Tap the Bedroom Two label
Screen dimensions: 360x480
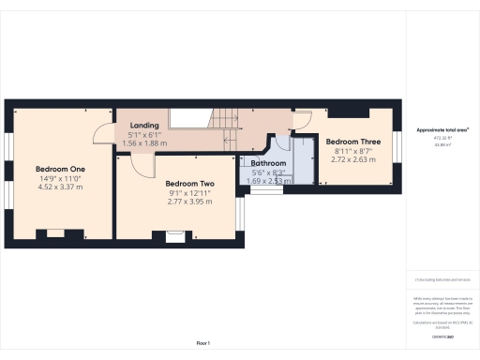point(189,184)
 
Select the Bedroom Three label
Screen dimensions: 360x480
point(352,142)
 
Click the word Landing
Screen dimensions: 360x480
point(144,126)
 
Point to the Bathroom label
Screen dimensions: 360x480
point(274,161)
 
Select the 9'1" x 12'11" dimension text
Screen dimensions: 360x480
point(189,193)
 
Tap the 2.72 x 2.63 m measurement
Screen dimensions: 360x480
point(352,159)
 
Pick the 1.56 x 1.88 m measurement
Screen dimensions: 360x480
point(144,143)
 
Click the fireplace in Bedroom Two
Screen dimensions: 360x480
point(173,238)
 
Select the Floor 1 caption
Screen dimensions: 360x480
point(202,344)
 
